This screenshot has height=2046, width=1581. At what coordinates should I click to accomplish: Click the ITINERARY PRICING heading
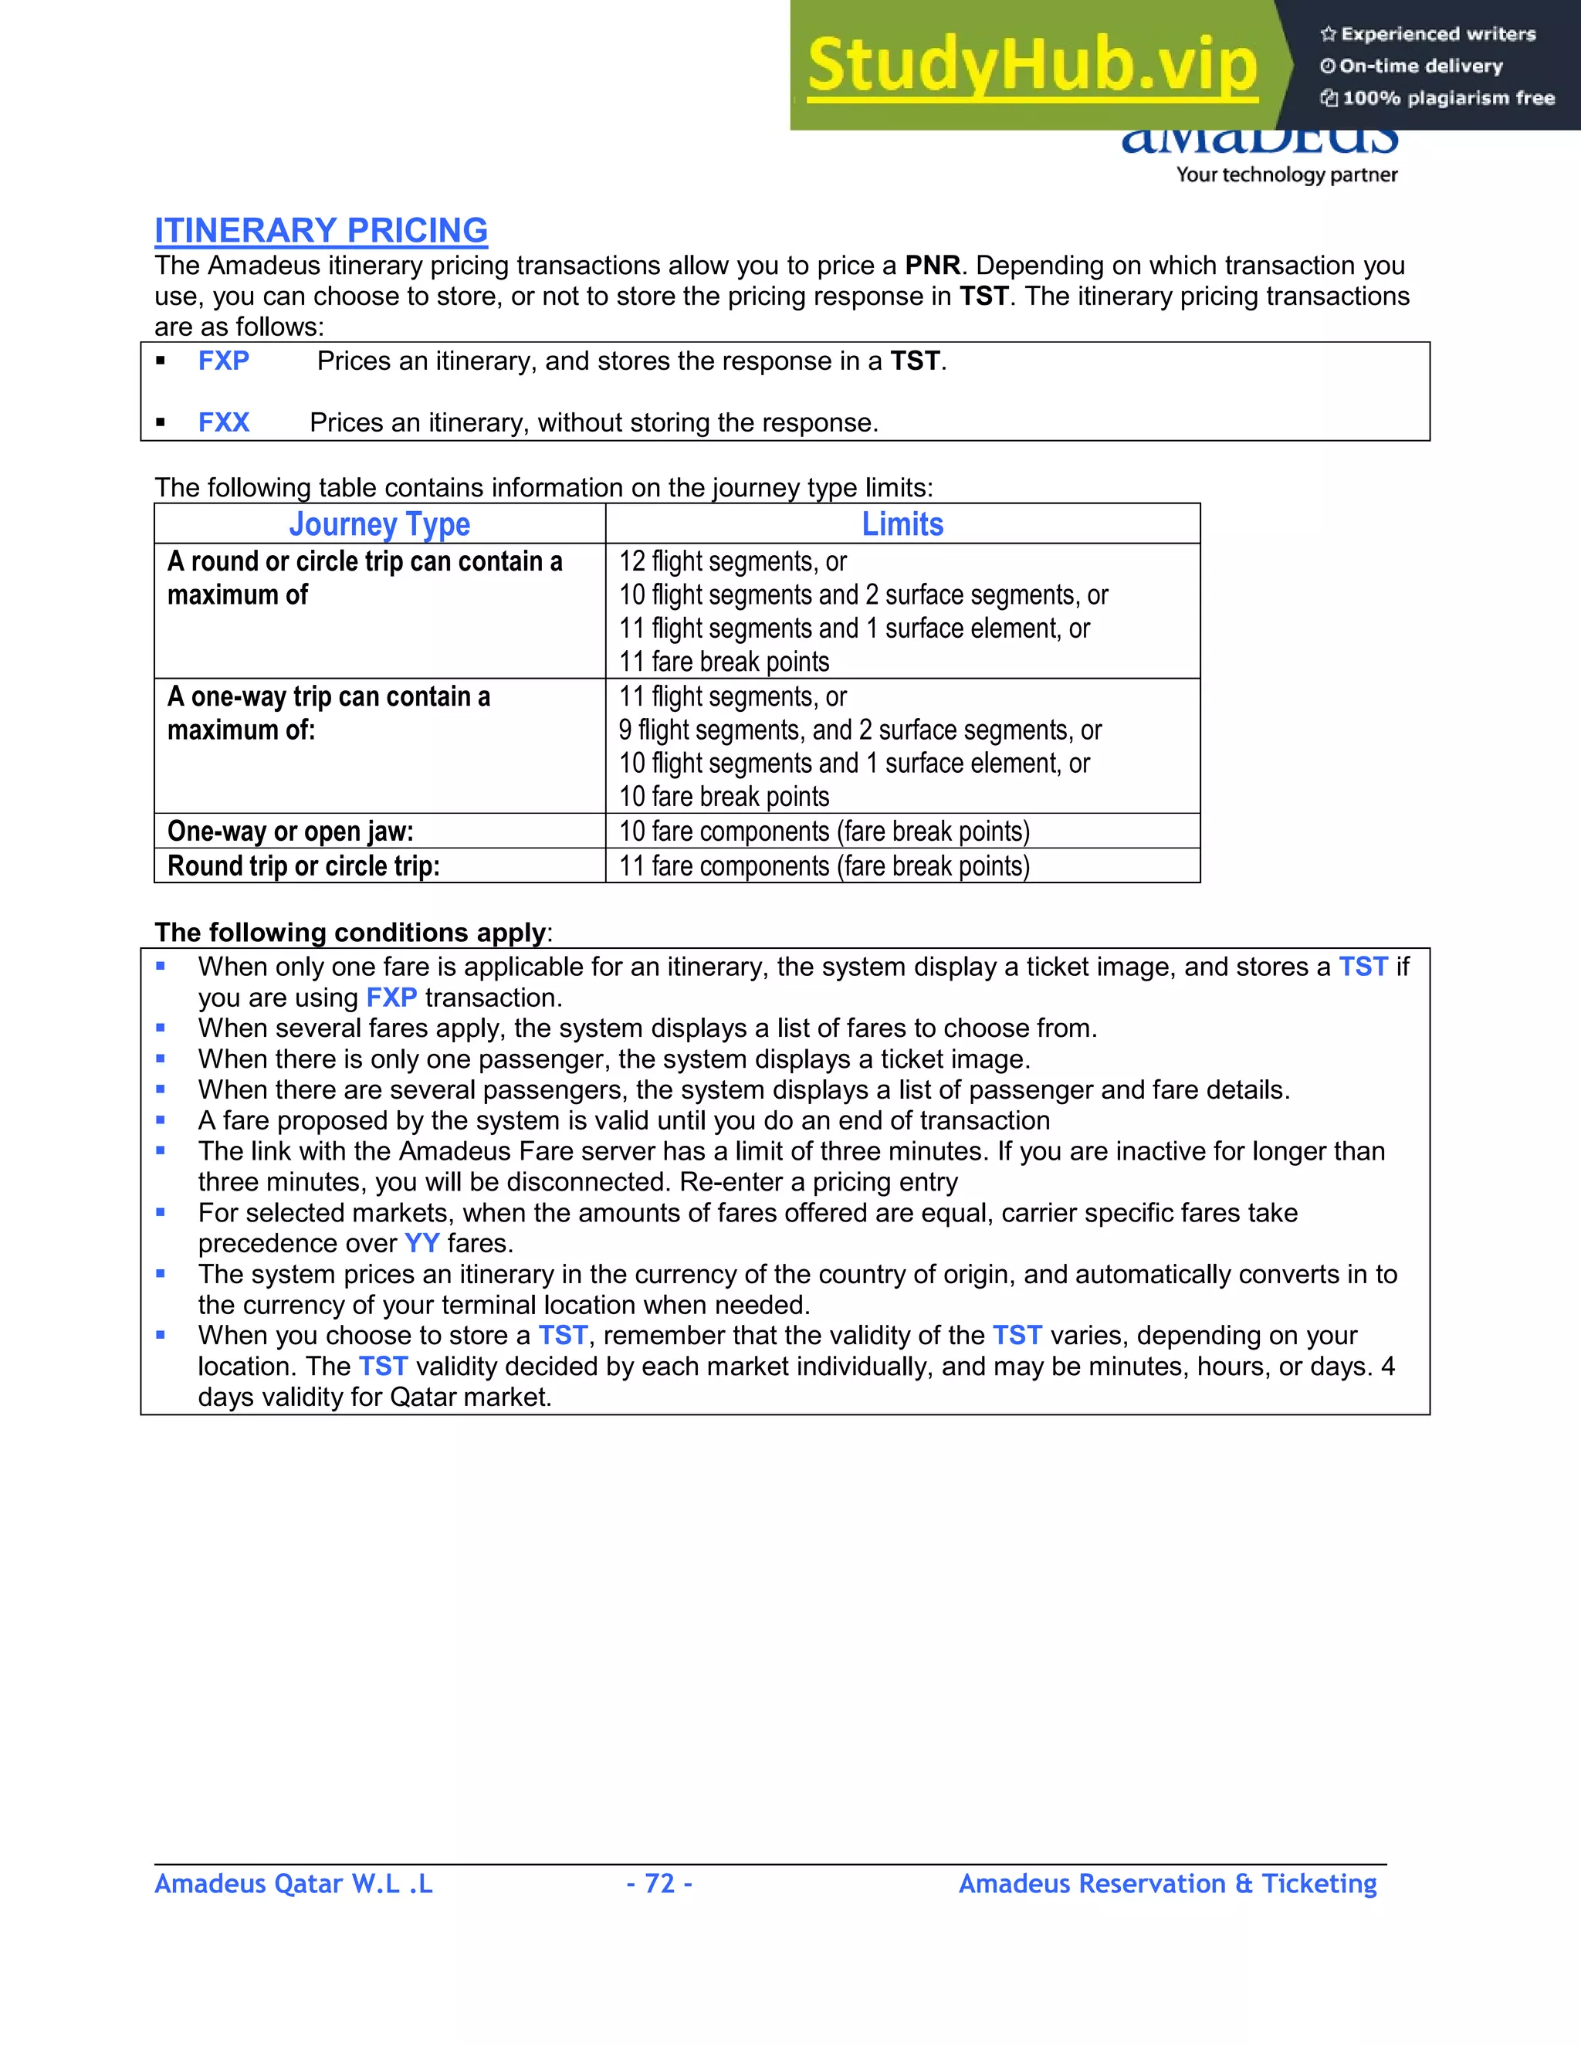pyautogui.click(x=320, y=230)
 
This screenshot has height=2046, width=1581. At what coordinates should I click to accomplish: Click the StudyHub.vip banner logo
pyautogui.click(x=1031, y=66)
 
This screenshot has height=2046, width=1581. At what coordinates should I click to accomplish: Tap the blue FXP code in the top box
pyautogui.click(x=224, y=361)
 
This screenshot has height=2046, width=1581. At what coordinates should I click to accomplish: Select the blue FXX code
pyautogui.click(x=224, y=422)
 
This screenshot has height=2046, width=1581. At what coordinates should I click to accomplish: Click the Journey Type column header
pyautogui.click(x=379, y=524)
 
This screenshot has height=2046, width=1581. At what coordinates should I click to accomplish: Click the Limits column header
pyautogui.click(x=902, y=524)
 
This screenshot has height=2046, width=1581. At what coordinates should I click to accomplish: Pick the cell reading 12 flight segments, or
pyautogui.click(x=733, y=561)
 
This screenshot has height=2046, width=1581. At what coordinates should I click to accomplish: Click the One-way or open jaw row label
pyautogui.click(x=290, y=831)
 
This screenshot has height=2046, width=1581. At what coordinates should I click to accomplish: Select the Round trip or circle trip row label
pyautogui.click(x=303, y=865)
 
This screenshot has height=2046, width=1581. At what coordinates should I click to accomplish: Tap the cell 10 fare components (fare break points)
pyautogui.click(x=824, y=831)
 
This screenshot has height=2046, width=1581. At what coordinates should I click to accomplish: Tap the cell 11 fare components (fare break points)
pyautogui.click(x=824, y=865)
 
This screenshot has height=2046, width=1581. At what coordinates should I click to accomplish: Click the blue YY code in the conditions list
pyautogui.click(x=421, y=1243)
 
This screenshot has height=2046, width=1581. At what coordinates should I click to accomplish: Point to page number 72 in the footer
pyautogui.click(x=659, y=1883)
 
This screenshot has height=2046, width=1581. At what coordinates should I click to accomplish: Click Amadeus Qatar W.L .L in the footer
pyautogui.click(x=293, y=1883)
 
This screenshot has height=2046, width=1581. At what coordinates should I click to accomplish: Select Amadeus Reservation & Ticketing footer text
pyautogui.click(x=1167, y=1883)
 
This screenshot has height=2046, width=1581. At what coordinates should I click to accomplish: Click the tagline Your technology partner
pyautogui.click(x=1286, y=174)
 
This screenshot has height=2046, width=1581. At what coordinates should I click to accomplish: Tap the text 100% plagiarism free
pyautogui.click(x=1447, y=97)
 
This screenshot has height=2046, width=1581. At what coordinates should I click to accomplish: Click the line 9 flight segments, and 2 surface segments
pyautogui.click(x=859, y=730)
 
